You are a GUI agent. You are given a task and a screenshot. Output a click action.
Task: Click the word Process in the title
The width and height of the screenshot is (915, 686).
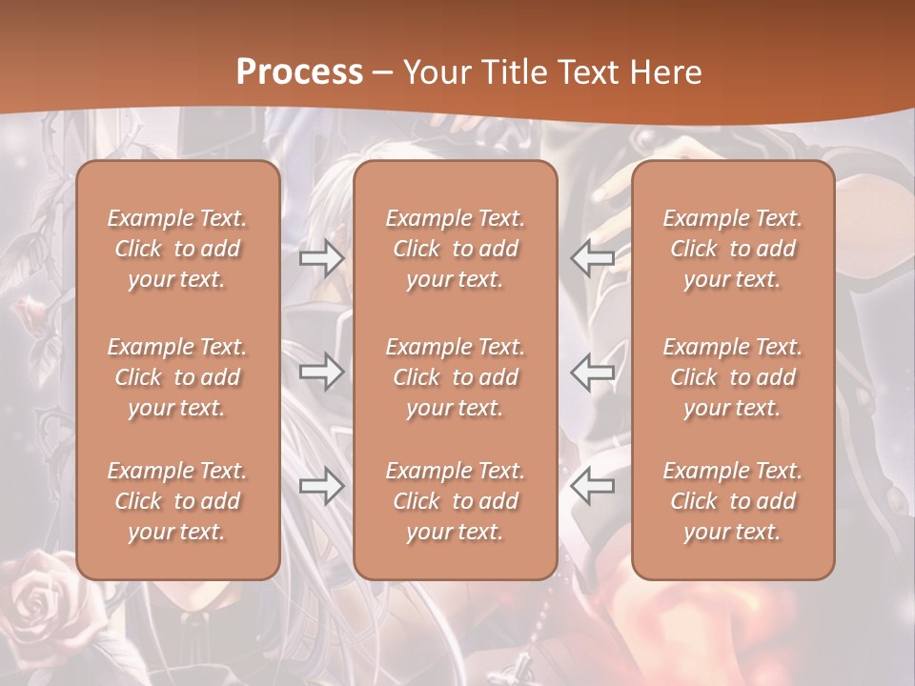point(299,71)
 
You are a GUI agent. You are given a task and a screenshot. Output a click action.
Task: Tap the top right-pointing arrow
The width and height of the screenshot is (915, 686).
point(321,258)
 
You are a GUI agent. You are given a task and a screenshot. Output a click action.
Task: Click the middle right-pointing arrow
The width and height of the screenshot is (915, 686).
point(321,372)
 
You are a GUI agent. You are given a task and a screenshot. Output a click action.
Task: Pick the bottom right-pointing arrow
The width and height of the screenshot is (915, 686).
point(321,487)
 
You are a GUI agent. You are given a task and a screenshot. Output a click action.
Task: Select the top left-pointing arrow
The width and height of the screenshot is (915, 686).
point(592,258)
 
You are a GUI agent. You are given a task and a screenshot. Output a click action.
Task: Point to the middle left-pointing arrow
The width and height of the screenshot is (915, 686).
point(592,372)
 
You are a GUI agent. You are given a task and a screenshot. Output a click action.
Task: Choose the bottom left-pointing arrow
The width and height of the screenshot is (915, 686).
point(592,487)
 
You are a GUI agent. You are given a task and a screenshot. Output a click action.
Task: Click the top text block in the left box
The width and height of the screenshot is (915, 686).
point(177,249)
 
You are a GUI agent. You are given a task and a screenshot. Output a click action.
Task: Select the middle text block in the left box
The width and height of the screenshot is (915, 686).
point(177,377)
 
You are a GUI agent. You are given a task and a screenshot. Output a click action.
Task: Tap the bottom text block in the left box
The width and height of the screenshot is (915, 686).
point(177,501)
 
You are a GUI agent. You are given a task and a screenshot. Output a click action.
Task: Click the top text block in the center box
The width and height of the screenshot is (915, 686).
point(455,249)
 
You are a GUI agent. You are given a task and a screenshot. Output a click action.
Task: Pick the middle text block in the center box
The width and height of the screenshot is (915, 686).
point(455,377)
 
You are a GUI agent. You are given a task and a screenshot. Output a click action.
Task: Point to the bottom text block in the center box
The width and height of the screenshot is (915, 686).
point(455,501)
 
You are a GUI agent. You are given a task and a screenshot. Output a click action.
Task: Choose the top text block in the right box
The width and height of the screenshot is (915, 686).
point(732,249)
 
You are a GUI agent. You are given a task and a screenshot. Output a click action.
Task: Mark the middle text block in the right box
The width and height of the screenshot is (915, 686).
point(732,377)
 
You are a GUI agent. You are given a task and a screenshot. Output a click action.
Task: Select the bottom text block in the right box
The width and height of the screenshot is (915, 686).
point(732,501)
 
